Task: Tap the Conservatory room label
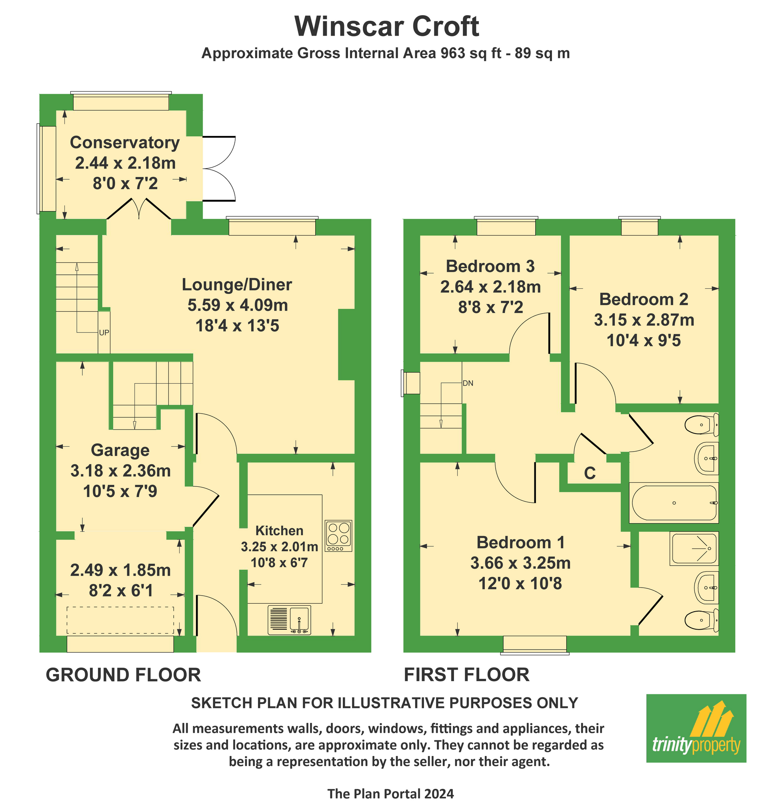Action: (124, 142)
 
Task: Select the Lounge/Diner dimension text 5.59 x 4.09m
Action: (238, 305)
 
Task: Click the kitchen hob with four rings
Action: (339, 536)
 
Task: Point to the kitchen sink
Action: (289, 620)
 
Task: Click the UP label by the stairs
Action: (104, 332)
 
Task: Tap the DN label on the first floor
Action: (468, 383)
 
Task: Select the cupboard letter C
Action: (590, 473)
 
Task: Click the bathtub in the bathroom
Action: (674, 502)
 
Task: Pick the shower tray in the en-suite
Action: (694, 548)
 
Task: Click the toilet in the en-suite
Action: (701, 620)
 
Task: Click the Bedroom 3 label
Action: (490, 266)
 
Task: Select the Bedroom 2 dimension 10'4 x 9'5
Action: (644, 340)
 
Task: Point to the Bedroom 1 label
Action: (520, 542)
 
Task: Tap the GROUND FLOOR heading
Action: (123, 675)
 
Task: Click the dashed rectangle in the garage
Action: (120, 620)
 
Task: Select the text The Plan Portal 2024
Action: (390, 794)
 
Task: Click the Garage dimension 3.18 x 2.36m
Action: (120, 470)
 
